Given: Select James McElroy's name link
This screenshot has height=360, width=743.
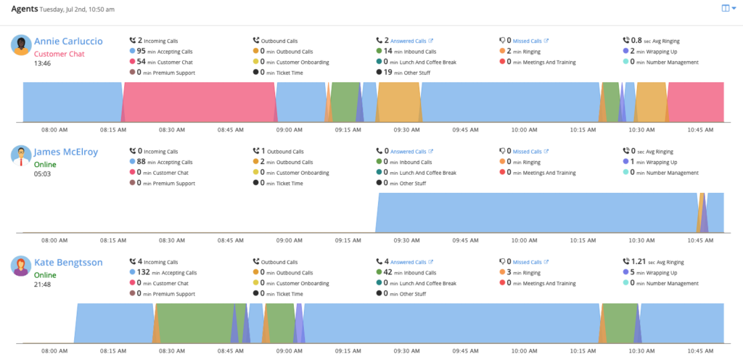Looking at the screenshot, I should point(66,152).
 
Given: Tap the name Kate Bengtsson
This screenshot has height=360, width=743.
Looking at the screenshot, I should point(67,262).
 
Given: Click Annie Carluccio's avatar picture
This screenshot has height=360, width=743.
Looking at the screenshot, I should point(21,45).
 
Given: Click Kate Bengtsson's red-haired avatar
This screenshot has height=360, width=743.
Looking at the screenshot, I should point(21,266).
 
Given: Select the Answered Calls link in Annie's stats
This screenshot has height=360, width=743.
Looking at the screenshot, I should point(411,41).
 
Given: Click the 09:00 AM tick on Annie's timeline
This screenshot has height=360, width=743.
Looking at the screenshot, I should point(290,130).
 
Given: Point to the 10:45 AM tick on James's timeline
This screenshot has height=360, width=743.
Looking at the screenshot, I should point(699,240).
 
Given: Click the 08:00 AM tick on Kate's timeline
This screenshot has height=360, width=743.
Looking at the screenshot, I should point(54,351).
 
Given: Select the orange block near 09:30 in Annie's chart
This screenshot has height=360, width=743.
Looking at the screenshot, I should point(398,102).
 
